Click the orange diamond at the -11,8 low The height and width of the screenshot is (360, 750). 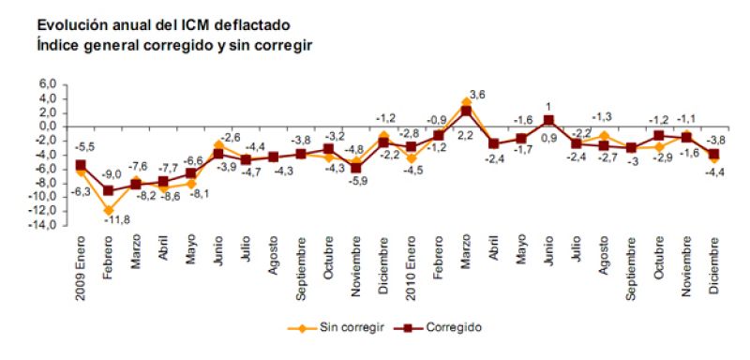coord(109,210)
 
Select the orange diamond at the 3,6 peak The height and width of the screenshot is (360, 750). coord(466,101)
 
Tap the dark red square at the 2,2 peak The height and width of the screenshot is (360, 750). coord(466,112)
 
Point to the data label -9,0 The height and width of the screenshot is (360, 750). coord(111,175)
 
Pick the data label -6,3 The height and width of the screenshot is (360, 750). coord(82,191)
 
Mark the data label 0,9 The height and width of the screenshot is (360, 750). coord(548,137)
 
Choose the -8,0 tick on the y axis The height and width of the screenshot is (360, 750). coord(48,184)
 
